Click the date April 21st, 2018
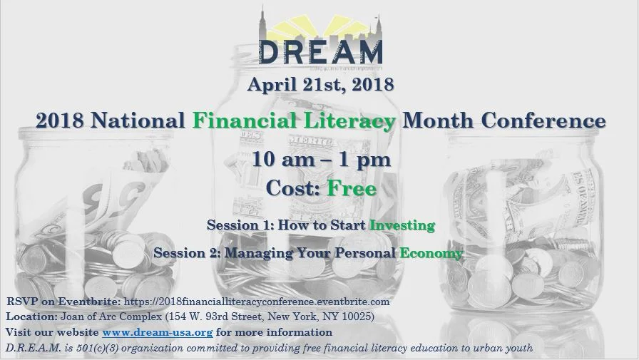[320, 85]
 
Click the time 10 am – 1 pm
[320, 159]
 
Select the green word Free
[351, 188]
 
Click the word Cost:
[293, 188]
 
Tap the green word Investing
[402, 225]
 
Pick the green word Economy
[431, 252]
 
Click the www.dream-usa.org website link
[157, 332]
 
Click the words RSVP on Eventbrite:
[63, 302]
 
